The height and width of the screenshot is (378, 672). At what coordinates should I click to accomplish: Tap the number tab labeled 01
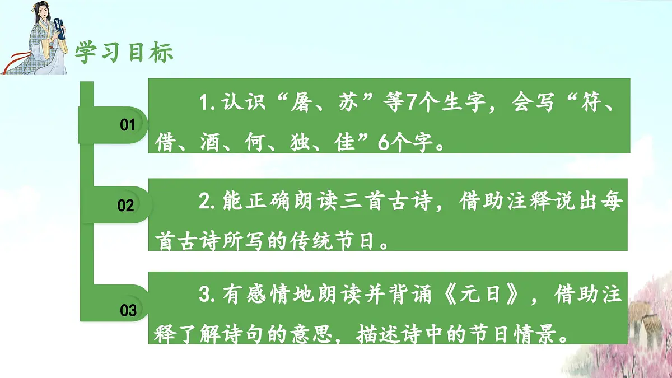[128, 125]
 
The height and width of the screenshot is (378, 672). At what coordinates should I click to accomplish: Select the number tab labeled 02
[126, 206]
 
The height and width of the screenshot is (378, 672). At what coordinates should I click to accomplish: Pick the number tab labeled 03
[128, 310]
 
